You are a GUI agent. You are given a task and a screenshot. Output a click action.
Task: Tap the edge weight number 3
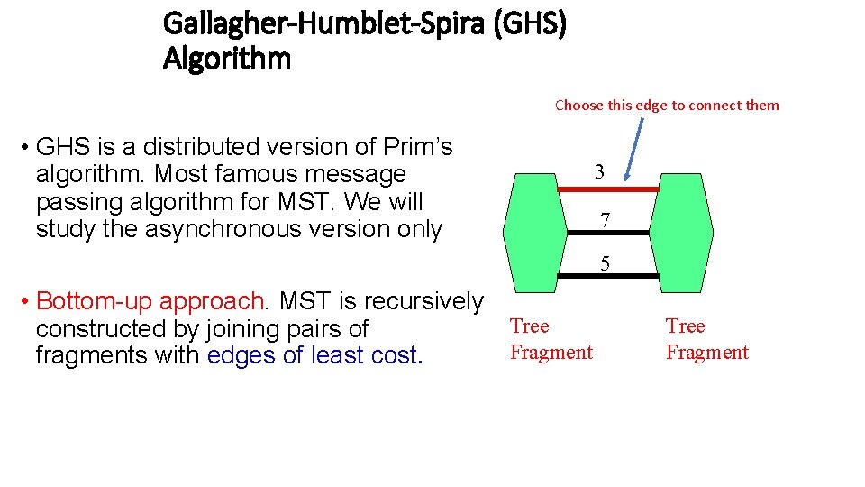(599, 171)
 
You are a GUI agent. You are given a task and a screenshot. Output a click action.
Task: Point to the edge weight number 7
(605, 219)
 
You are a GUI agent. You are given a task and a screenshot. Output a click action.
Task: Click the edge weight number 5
(605, 263)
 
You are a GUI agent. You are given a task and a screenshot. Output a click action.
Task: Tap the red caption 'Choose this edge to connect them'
(667, 106)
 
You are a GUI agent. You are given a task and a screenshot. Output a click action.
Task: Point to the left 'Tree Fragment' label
(551, 339)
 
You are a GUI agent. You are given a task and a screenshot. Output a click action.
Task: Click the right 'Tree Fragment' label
(707, 339)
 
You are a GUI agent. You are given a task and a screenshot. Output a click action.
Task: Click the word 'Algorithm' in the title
(227, 60)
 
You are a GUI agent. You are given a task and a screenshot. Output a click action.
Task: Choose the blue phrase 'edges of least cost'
(312, 355)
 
